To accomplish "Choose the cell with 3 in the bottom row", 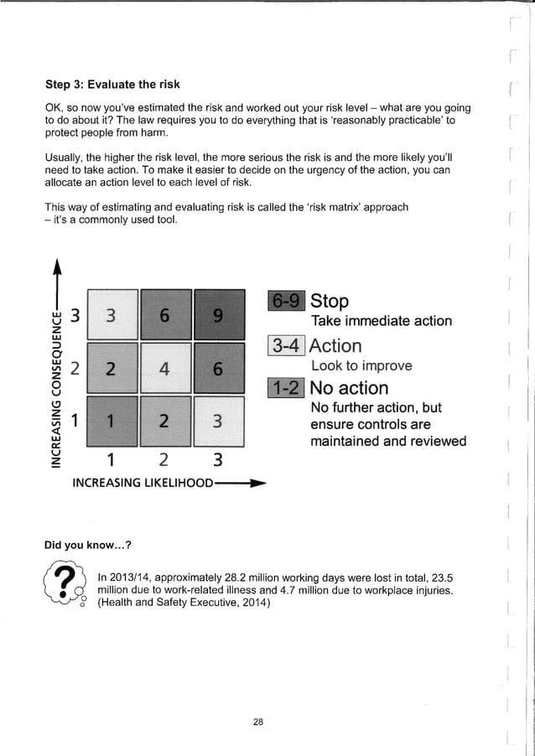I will [218, 421].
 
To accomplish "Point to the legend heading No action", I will [349, 388].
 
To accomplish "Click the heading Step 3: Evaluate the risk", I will [112, 85].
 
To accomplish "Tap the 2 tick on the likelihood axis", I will [164, 459].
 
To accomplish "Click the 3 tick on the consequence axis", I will [75, 316].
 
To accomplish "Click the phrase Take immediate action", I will [381, 322].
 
